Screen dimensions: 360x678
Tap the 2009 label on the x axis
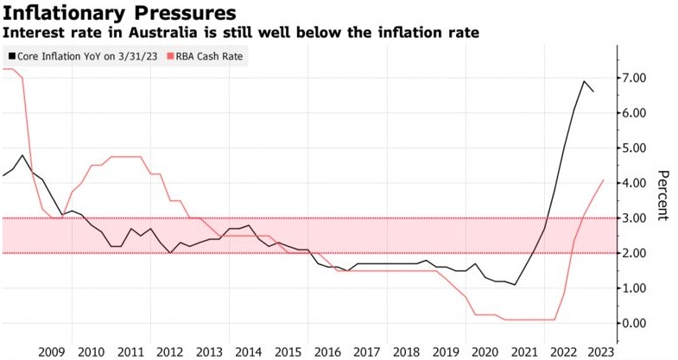tap(52, 351)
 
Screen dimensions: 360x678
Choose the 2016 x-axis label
tap(328, 351)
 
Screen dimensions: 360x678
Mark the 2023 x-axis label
tap(603, 351)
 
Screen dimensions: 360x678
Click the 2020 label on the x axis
tap(485, 351)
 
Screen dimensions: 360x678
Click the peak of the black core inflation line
tap(585, 81)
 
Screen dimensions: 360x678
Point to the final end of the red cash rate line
tap(603, 180)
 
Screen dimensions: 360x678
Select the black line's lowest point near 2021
tap(516, 285)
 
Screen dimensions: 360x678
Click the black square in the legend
tap(11, 57)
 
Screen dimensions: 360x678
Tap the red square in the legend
tap(169, 57)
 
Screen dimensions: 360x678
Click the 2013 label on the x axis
tap(210, 351)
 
